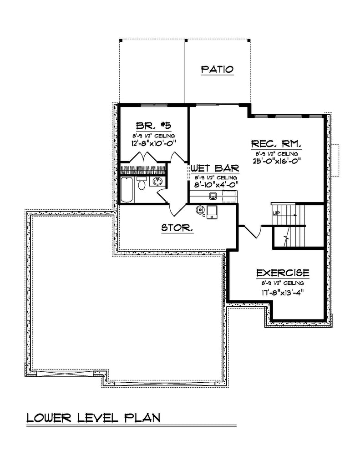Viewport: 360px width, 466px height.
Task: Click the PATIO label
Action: tap(217, 70)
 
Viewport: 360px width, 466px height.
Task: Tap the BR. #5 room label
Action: tap(153, 126)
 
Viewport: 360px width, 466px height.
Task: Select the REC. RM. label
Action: tap(276, 144)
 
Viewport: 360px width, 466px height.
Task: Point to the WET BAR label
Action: tap(215, 168)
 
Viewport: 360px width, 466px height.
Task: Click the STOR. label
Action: tap(177, 228)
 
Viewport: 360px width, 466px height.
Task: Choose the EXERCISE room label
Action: tap(283, 273)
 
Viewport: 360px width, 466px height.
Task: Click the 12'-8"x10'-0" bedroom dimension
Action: tap(154, 143)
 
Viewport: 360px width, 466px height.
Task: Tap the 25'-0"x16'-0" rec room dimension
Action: tap(277, 161)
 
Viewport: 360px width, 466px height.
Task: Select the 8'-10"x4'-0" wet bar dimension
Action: tap(216, 185)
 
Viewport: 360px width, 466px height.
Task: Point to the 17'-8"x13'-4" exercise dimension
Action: tap(283, 293)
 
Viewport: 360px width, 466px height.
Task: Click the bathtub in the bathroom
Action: tap(127, 190)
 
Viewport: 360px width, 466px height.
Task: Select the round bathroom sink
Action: tap(157, 181)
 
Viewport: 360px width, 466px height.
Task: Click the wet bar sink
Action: tap(213, 196)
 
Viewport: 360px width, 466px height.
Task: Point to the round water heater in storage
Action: tap(200, 209)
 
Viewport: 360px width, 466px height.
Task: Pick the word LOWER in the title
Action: tap(49, 418)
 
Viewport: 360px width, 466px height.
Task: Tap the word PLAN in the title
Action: tap(142, 418)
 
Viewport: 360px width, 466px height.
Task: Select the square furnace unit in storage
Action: tap(212, 212)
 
